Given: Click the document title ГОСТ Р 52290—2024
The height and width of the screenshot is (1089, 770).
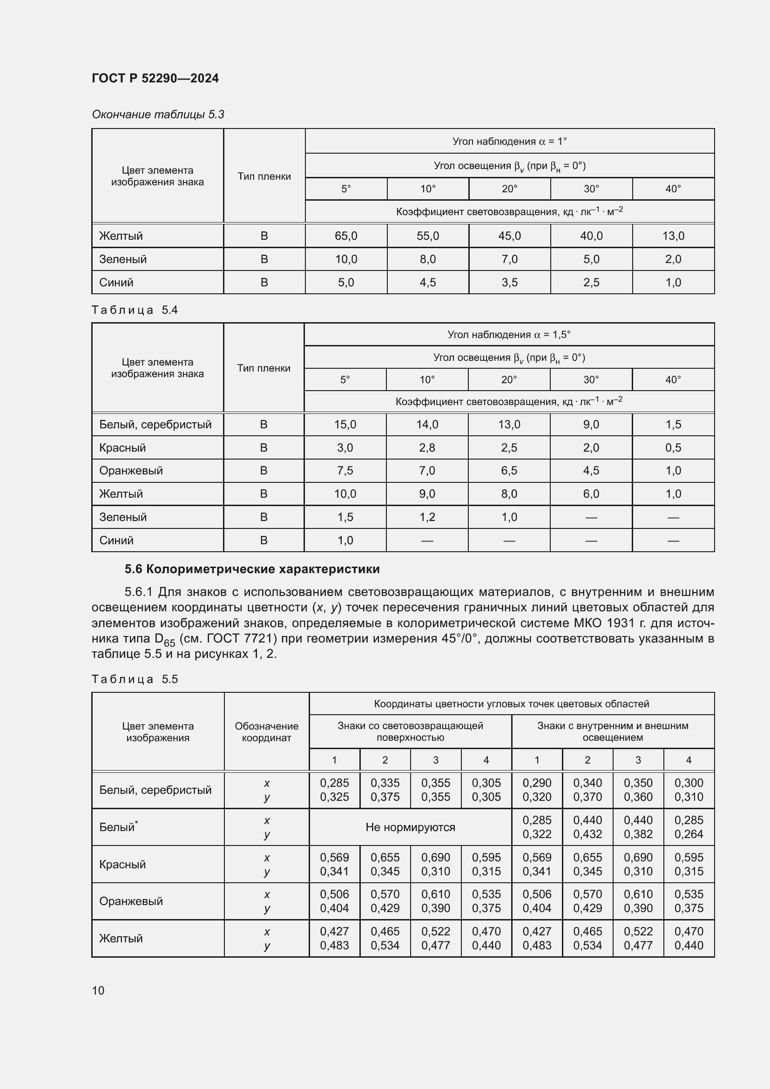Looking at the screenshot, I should [155, 78].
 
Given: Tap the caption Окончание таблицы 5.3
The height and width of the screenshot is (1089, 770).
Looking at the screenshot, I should [158, 115].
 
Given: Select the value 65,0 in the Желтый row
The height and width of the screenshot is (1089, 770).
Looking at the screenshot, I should [345, 236].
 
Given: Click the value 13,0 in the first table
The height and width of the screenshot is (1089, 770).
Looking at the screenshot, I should [673, 236].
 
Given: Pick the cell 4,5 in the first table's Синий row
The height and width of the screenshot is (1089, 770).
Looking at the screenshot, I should [427, 282].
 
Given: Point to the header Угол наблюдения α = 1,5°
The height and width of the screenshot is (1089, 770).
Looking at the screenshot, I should [509, 334].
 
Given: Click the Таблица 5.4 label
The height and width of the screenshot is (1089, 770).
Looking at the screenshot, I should [135, 310].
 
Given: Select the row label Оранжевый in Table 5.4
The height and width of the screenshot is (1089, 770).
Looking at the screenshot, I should [131, 471].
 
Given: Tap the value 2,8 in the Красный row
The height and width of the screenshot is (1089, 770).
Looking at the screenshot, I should [427, 447].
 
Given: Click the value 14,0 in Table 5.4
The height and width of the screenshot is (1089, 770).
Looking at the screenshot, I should [427, 425].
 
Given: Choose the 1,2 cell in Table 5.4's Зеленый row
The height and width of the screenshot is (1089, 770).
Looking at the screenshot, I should [427, 517].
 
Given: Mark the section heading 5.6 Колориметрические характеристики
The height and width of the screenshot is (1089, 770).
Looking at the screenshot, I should [252, 568].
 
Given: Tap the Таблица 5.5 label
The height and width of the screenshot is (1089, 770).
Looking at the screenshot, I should [135, 679].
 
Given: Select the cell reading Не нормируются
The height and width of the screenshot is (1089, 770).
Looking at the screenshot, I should [410, 827].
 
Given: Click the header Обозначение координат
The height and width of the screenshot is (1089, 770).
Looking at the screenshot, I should [266, 731].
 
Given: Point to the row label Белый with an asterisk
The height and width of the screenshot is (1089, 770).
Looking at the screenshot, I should [118, 827].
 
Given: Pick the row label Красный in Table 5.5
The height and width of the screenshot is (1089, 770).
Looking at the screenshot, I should [122, 864].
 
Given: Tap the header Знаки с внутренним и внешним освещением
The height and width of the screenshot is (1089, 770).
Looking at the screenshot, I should [613, 731].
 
